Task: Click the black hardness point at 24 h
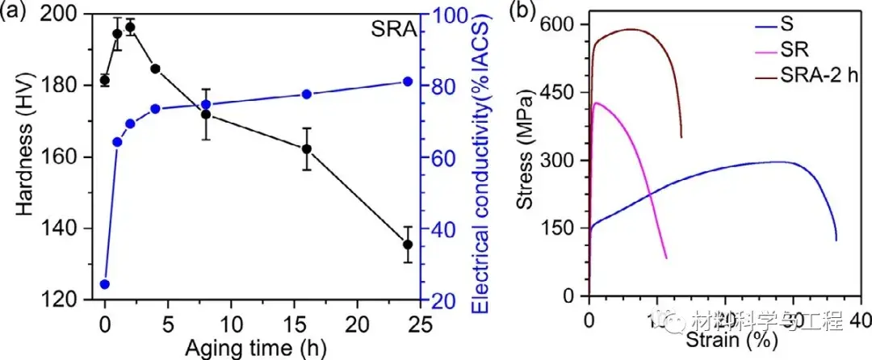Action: [408, 245]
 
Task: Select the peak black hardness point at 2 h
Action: [130, 27]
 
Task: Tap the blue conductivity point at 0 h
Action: [104, 284]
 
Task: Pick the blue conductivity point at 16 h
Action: [307, 94]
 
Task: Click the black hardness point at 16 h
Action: [307, 149]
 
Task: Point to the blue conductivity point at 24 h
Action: [408, 82]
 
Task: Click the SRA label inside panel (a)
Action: [395, 31]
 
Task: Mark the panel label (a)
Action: [14, 10]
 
